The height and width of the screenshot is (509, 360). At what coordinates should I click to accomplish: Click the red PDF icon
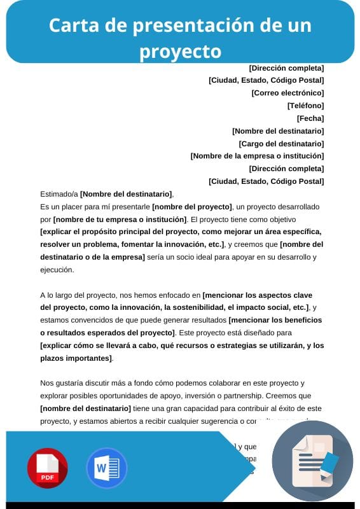(47, 468)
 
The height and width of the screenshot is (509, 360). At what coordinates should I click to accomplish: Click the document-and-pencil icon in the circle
(312, 461)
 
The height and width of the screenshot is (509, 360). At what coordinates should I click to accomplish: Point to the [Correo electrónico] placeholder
(287, 93)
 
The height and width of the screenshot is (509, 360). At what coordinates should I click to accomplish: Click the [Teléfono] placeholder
(305, 106)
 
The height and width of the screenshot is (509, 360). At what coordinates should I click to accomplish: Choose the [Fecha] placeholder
(310, 118)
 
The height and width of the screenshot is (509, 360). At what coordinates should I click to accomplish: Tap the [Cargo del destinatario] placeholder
(281, 144)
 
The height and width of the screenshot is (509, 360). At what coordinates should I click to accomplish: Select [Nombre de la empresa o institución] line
(257, 156)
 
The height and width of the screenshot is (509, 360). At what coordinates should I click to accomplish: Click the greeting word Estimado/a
(59, 194)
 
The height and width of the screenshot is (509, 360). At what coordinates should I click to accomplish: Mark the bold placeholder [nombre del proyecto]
(192, 207)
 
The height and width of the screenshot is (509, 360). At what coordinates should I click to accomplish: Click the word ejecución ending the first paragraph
(57, 269)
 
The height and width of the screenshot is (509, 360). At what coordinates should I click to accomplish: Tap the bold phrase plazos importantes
(76, 358)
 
